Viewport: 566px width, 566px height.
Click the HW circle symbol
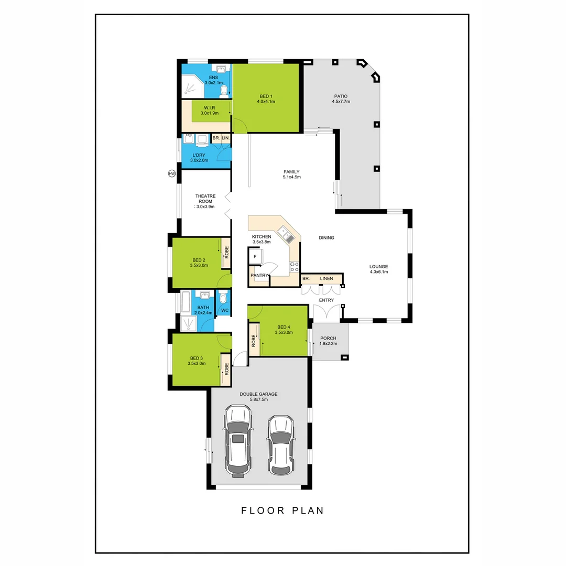171,173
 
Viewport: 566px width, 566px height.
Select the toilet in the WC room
224,299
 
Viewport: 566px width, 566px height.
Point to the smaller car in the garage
280,443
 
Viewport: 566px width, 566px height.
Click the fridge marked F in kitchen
255,257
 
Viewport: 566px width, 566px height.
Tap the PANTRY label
259,275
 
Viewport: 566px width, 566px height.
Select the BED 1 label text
266,96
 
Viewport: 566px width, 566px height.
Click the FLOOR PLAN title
282,510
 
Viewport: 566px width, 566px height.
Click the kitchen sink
286,234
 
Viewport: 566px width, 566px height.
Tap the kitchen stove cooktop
295,266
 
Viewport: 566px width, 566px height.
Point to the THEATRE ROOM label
205,199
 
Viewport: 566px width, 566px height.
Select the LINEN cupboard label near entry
326,278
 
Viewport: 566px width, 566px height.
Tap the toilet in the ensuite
224,91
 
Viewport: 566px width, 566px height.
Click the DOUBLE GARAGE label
258,394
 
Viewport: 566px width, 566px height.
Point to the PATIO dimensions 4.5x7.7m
341,102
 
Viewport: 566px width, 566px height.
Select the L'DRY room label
199,155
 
